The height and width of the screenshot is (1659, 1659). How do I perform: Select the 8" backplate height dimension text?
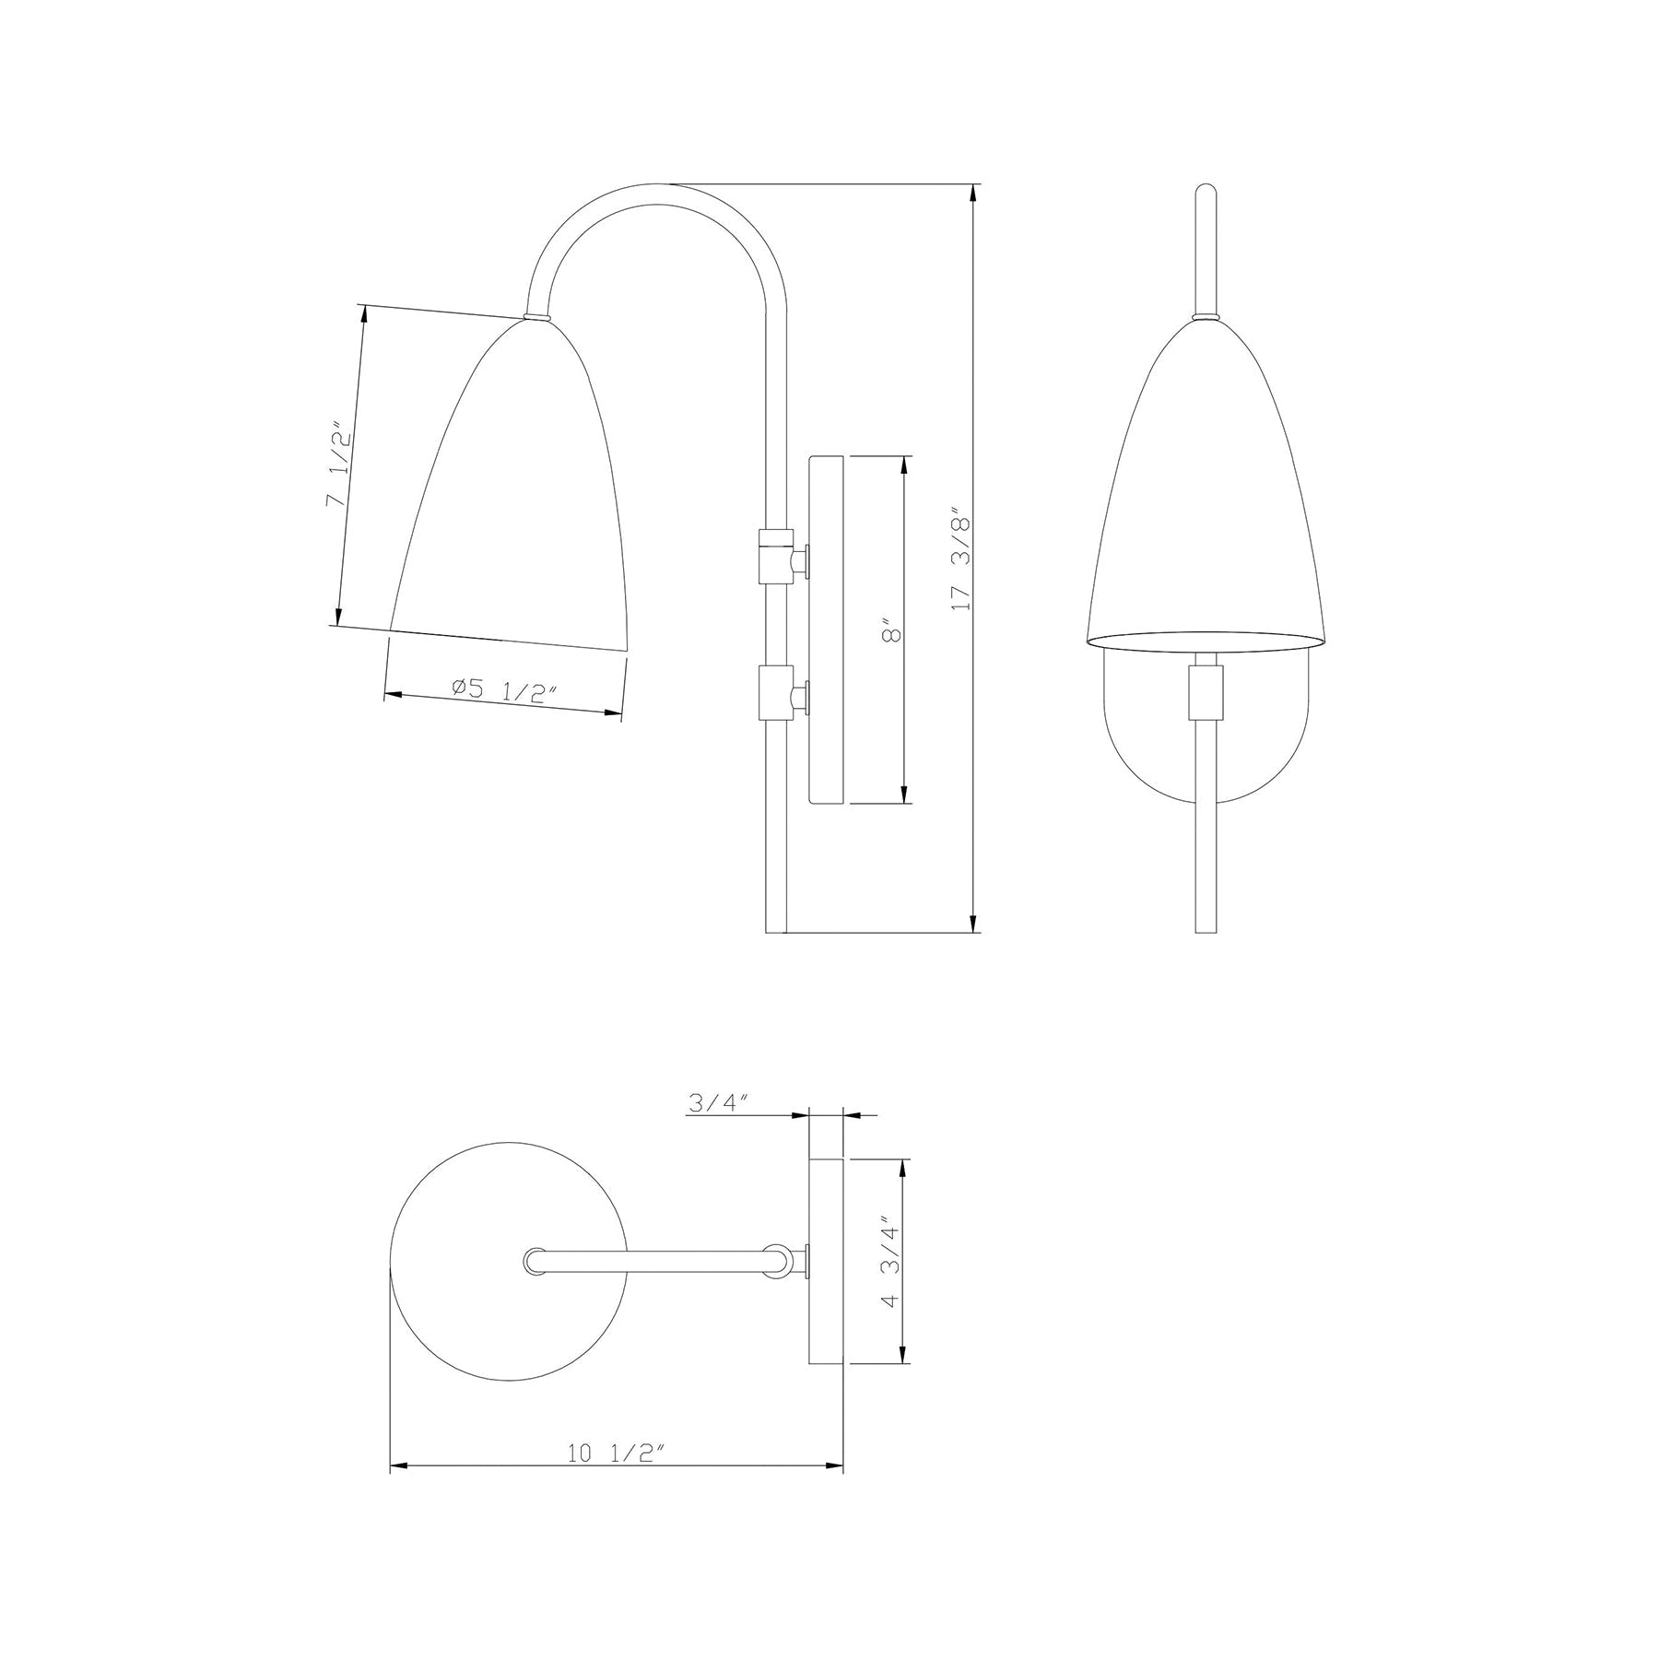coord(890,632)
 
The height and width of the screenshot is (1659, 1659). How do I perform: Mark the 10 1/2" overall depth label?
coord(616,1453)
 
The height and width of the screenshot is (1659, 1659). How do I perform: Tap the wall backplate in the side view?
coord(826,629)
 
